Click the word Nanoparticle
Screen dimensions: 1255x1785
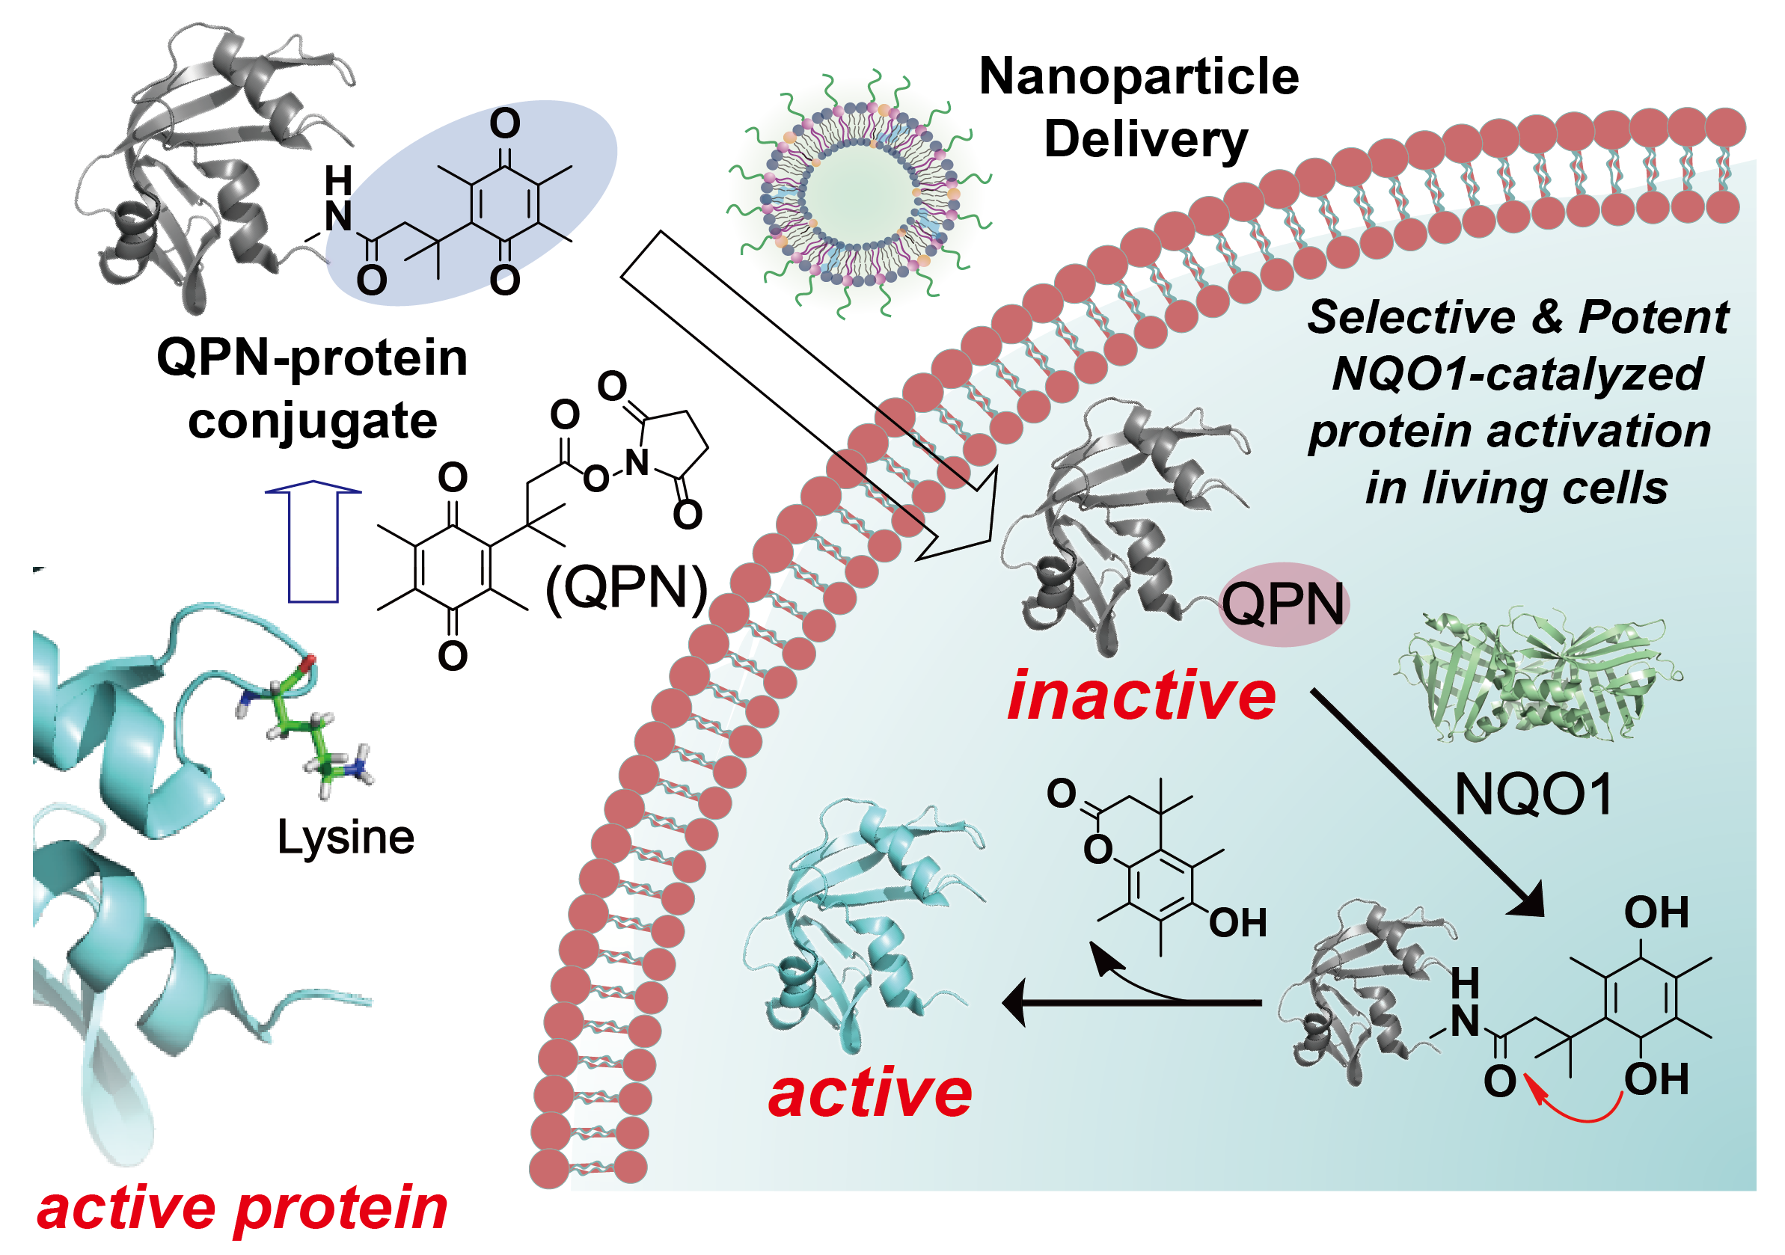pos(1138,77)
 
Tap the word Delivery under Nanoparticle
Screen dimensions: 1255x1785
pos(1145,141)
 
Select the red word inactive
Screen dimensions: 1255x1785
pos(1141,696)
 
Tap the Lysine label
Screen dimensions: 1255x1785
pos(346,838)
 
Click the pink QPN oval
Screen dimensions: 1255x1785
pos(1284,604)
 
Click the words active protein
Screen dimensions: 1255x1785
pos(242,1209)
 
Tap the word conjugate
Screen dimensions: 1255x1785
pos(313,422)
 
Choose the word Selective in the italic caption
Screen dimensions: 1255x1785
pos(1410,317)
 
